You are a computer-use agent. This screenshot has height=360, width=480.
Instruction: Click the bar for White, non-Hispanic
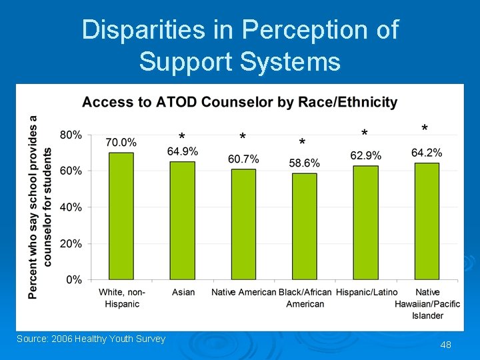tap(121, 216)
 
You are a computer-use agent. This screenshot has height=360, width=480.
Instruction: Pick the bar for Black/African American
tap(305, 226)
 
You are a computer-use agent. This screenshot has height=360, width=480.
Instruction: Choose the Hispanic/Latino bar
tap(365, 223)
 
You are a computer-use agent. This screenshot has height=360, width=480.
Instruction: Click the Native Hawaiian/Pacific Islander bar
tap(427, 221)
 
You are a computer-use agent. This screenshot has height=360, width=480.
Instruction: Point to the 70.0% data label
tap(121, 142)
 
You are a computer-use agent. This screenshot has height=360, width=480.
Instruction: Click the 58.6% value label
tap(305, 163)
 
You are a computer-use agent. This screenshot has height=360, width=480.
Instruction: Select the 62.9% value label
tap(366, 155)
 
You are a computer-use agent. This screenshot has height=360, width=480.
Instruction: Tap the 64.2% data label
tap(427, 153)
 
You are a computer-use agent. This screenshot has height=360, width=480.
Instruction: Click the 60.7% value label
tap(243, 159)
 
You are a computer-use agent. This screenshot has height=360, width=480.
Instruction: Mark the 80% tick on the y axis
tap(71, 135)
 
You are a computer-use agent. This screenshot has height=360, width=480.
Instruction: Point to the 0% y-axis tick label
tap(74, 280)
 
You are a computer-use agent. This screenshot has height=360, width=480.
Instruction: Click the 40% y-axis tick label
tap(71, 207)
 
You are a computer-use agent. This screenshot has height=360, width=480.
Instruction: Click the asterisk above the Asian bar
tap(182, 136)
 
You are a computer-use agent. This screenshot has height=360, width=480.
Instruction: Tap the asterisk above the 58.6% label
tap(302, 143)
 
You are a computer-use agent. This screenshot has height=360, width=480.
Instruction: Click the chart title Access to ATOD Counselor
tap(239, 102)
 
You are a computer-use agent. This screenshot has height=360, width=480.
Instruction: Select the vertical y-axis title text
tap(40, 206)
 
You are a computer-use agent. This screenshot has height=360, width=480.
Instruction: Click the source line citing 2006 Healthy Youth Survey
tap(91, 339)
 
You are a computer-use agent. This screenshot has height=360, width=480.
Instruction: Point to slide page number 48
tap(445, 345)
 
